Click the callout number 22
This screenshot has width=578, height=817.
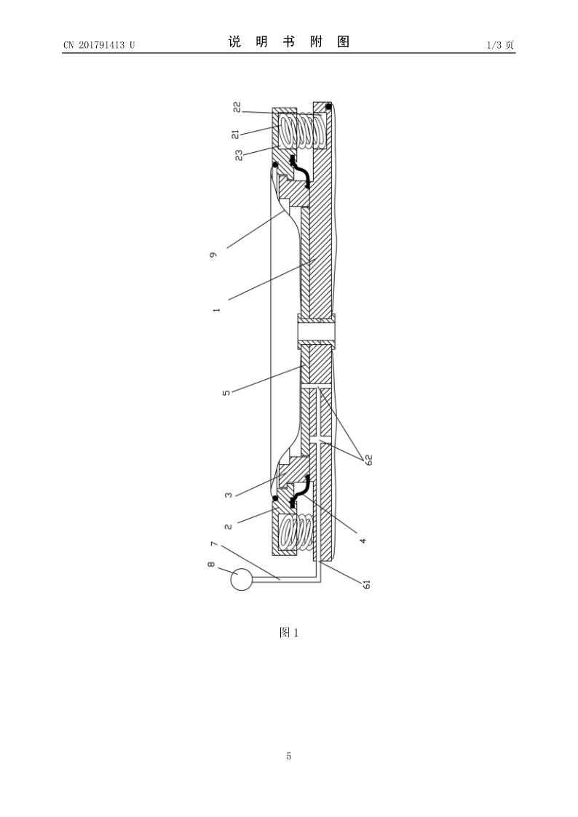click(x=237, y=107)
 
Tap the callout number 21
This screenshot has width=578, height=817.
click(x=236, y=134)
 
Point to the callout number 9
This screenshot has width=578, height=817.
click(x=214, y=255)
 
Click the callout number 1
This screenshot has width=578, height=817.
click(x=217, y=309)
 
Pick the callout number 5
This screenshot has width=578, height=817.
click(x=226, y=392)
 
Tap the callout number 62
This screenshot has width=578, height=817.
click(x=368, y=460)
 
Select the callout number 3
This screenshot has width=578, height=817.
click(x=229, y=495)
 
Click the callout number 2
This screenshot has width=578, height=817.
click(x=229, y=526)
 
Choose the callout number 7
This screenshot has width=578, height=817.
click(x=213, y=544)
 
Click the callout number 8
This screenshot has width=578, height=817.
click(x=211, y=565)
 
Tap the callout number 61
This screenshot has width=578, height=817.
click(x=366, y=584)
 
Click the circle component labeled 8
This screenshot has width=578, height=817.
click(x=241, y=579)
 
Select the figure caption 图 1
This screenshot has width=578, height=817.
click(x=289, y=632)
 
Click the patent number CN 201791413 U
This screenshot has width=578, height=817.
click(x=99, y=45)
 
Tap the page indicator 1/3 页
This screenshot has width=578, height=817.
click(x=500, y=45)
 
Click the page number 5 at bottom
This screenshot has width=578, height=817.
click(x=289, y=756)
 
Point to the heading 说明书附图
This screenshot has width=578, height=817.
click(x=289, y=41)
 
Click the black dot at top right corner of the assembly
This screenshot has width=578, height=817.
click(x=329, y=107)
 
